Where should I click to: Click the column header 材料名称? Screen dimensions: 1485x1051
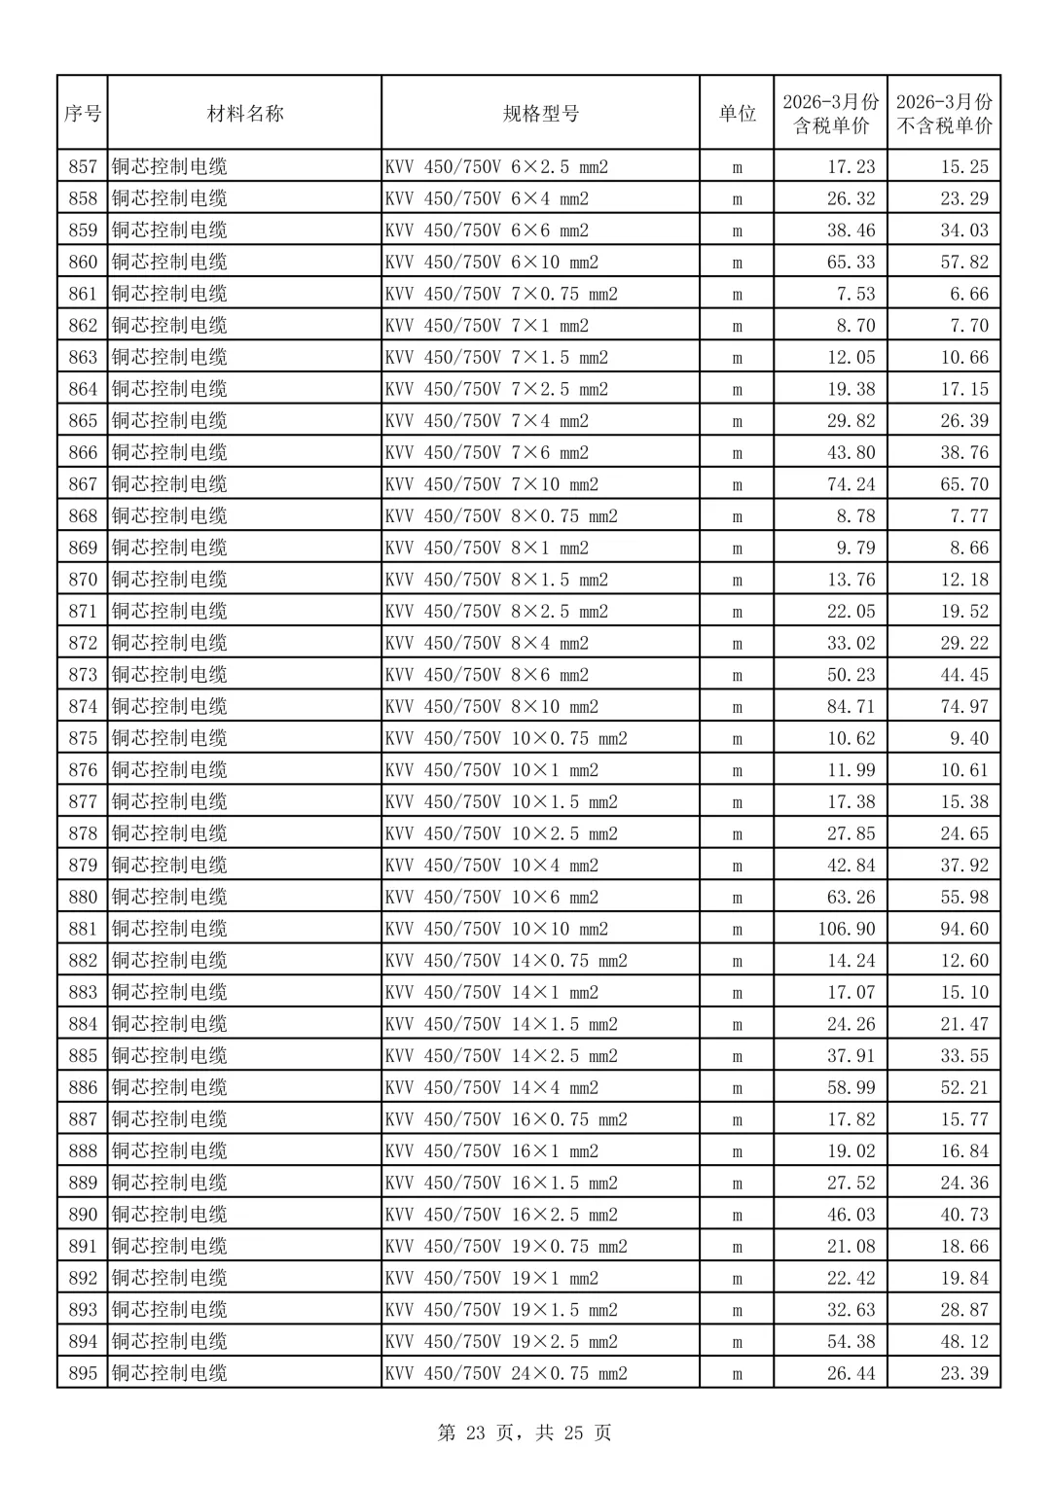244,114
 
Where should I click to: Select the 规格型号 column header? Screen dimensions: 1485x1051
540,114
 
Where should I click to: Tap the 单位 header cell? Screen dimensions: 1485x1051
737,114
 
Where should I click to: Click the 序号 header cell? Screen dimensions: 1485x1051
83,114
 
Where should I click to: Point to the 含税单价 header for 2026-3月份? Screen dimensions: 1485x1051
830,114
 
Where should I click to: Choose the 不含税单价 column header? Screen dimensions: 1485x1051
944,114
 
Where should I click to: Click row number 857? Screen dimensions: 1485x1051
83,167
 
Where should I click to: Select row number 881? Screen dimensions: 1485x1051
83,929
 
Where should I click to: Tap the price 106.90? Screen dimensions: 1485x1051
846,929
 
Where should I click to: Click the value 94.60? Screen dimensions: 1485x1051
963,929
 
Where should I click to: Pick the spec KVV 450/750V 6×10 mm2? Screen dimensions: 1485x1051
491,263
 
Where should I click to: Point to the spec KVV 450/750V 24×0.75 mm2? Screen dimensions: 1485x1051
506,1373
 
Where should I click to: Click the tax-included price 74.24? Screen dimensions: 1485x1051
851,484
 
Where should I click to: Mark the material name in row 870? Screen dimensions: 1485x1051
169,580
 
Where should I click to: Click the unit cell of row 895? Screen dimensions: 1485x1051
737,1373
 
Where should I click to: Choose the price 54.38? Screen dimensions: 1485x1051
851,1341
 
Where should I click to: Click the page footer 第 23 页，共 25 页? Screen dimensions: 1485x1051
525,1432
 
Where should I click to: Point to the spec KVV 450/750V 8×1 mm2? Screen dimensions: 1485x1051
487,548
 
